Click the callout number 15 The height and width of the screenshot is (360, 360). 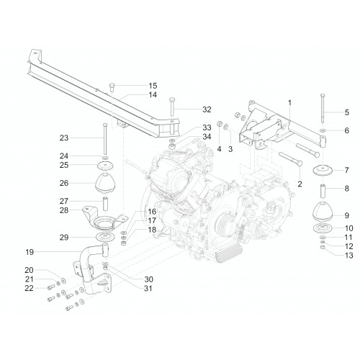[153, 86]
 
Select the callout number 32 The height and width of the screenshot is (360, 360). [207, 109]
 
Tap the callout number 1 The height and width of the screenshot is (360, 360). [289, 103]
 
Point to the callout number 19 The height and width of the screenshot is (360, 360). [30, 252]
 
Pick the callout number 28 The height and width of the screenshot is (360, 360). [64, 210]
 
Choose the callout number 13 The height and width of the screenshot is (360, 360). [348, 256]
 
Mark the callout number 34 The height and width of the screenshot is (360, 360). [207, 137]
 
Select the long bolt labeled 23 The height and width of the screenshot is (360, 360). [105, 139]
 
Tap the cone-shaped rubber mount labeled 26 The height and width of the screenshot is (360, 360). [105, 183]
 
